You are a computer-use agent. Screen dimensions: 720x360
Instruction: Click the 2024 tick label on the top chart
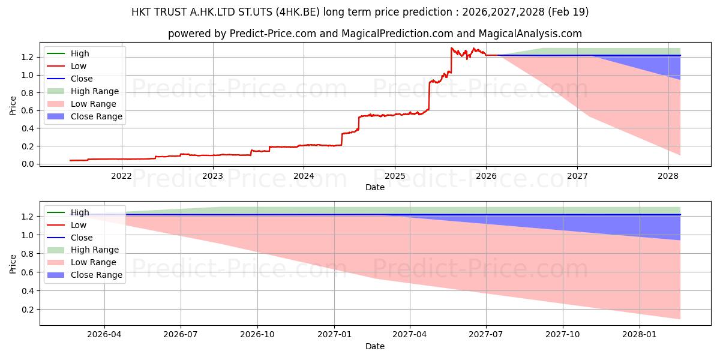(x=304, y=176)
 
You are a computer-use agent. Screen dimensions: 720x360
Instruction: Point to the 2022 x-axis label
(x=121, y=176)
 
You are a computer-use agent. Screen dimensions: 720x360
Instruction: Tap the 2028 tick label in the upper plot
(x=668, y=176)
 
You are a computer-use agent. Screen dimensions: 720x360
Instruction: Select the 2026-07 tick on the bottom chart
(x=181, y=335)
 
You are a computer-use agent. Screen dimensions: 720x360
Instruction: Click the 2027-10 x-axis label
(x=563, y=335)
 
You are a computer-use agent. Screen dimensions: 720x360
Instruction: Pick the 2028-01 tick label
(x=640, y=335)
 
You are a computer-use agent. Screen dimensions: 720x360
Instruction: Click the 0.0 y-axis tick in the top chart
(x=28, y=164)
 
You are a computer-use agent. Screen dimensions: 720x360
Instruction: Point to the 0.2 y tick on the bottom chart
(x=28, y=310)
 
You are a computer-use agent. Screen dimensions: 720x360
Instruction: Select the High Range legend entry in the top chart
(x=83, y=91)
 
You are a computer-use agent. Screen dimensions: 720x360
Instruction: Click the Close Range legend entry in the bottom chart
(x=85, y=275)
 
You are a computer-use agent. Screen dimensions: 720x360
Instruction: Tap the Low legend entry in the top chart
(x=67, y=66)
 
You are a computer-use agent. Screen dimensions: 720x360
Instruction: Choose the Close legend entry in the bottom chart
(x=70, y=238)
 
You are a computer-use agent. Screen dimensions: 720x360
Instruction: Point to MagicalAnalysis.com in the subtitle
(x=530, y=34)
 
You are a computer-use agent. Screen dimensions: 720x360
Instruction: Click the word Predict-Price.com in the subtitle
(x=272, y=34)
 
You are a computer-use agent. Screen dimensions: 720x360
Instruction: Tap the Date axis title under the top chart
(x=375, y=187)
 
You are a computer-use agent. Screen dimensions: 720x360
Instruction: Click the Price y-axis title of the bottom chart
(x=13, y=264)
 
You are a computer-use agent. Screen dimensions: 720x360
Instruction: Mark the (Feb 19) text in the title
(x=568, y=12)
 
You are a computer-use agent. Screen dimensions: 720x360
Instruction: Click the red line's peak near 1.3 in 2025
(x=452, y=48)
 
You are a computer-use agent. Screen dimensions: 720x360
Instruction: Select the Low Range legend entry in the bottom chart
(x=82, y=262)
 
